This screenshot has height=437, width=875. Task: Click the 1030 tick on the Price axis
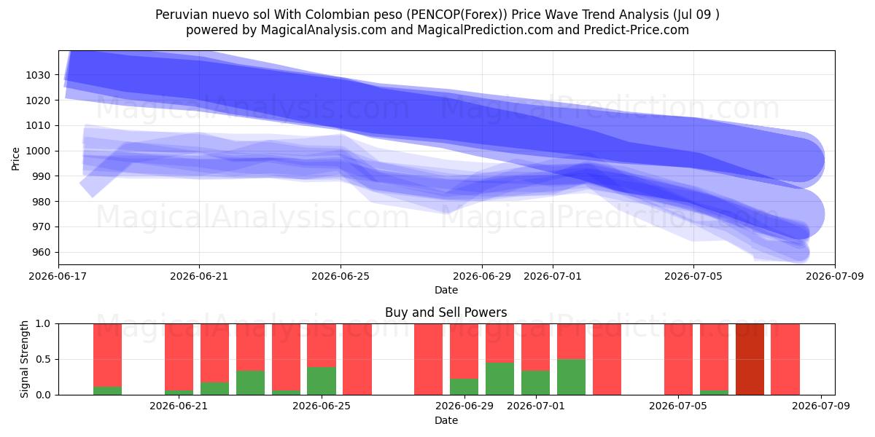[x=38, y=75]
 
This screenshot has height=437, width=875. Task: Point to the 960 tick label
[x=41, y=253]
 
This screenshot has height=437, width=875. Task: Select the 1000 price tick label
[x=38, y=151]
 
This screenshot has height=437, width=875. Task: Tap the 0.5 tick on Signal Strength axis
[x=43, y=359]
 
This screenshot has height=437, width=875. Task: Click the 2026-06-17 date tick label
[x=58, y=276]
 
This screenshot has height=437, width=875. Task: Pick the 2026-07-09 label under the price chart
[x=835, y=276]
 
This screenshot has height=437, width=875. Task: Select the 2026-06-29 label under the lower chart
[x=464, y=406]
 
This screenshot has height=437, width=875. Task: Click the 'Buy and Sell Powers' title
[x=446, y=312]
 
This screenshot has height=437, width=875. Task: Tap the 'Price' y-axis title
[x=15, y=159]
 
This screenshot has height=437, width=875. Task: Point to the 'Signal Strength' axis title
[x=24, y=359]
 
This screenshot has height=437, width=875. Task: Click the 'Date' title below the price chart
[x=446, y=290]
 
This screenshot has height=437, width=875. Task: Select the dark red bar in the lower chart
[x=750, y=359]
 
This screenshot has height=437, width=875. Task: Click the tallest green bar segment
[x=571, y=377]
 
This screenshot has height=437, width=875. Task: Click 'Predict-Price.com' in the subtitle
[x=637, y=30]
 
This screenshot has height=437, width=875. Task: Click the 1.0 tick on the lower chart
[x=43, y=324]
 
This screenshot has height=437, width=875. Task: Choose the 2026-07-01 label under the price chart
[x=553, y=276]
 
